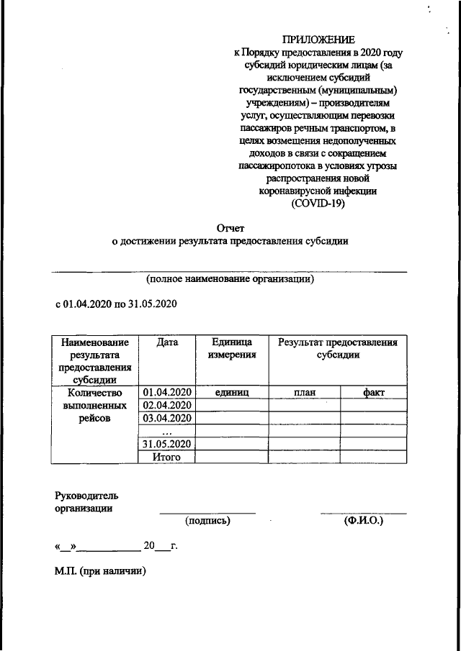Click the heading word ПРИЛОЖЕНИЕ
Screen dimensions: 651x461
click(x=318, y=40)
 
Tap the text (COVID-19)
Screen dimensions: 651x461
click(x=318, y=204)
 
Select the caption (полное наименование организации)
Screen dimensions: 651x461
click(x=230, y=278)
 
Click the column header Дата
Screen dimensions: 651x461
click(x=167, y=343)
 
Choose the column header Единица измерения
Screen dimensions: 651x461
click(x=231, y=349)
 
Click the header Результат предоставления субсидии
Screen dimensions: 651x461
click(x=338, y=349)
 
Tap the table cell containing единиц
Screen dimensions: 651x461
click(x=231, y=393)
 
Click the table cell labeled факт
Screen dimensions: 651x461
click(x=375, y=393)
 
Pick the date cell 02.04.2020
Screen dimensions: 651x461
click(x=167, y=406)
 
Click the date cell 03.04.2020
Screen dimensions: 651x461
click(x=167, y=419)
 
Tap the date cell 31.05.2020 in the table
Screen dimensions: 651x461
click(x=167, y=444)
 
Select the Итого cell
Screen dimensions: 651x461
click(x=167, y=457)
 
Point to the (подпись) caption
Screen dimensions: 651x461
click(x=207, y=519)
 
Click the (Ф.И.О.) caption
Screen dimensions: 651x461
click(x=364, y=519)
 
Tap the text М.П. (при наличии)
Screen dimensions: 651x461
click(x=101, y=571)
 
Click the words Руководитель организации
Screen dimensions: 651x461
click(x=86, y=501)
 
